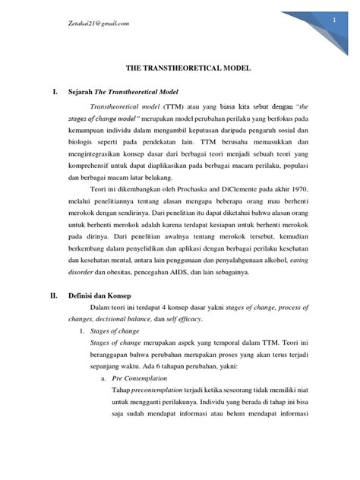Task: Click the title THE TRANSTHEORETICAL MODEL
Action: point(179,68)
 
